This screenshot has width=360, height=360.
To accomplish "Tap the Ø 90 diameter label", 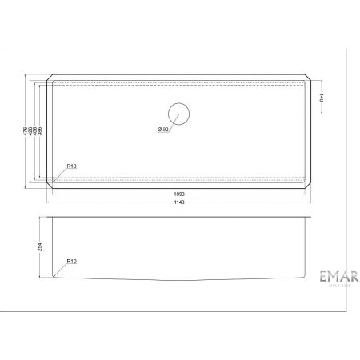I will [x=164, y=129].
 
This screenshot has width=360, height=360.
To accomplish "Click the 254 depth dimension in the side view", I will [x=39, y=247].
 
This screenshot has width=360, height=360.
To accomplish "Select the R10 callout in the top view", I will [x=71, y=166].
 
